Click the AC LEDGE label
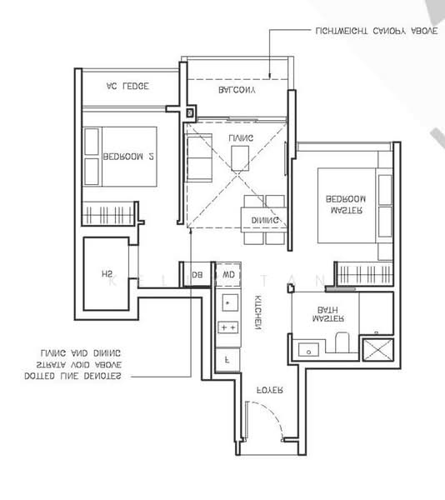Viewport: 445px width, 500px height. coord(127,86)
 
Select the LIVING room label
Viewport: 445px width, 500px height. coord(242,137)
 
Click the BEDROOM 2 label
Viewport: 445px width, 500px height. coord(127,156)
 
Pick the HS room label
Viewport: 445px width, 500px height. coord(107,274)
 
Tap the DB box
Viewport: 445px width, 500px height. coord(197,274)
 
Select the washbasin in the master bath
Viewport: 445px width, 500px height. coord(305,347)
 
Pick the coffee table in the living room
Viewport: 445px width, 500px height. coord(240,156)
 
